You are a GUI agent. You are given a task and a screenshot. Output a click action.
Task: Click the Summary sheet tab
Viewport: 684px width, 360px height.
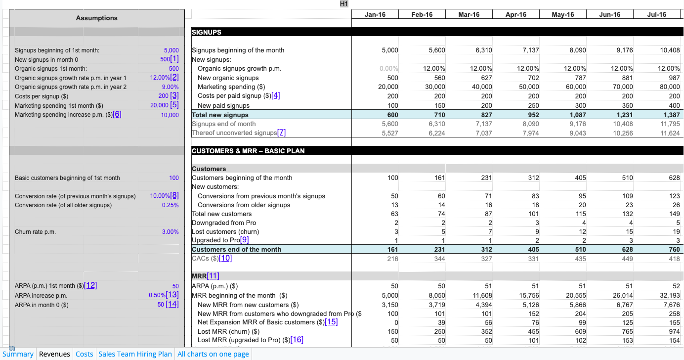[x=18, y=354]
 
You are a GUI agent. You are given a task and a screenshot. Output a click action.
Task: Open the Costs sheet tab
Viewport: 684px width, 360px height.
[x=84, y=354]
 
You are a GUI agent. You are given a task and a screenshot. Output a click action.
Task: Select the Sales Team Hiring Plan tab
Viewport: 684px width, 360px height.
[x=135, y=354]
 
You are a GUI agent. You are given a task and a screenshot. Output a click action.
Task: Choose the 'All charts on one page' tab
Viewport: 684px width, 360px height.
[x=213, y=354]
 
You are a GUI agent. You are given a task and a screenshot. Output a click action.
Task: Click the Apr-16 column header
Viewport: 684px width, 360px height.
[x=515, y=14]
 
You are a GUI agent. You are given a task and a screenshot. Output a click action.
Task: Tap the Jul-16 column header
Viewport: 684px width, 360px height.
[x=656, y=14]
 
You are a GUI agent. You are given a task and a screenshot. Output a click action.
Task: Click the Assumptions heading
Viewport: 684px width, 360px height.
[x=97, y=18]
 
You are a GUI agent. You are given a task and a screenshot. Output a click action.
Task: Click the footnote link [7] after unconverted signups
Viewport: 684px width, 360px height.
[x=281, y=133]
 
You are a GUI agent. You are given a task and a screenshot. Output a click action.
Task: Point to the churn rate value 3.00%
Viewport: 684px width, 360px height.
[x=171, y=232]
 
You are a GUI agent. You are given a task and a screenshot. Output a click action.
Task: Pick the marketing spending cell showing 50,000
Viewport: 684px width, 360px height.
[x=529, y=87]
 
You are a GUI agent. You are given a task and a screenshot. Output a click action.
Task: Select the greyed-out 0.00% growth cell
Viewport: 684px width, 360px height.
[x=389, y=69]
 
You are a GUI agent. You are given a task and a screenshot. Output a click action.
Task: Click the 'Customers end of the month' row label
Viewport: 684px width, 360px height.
[x=236, y=250]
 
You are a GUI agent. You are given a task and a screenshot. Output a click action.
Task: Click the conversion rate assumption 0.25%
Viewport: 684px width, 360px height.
[x=171, y=205]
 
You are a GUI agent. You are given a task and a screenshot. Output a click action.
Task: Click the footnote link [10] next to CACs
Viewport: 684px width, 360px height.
[x=225, y=258]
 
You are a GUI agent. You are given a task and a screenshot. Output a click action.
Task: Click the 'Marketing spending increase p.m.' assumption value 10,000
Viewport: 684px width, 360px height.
[x=170, y=115]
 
